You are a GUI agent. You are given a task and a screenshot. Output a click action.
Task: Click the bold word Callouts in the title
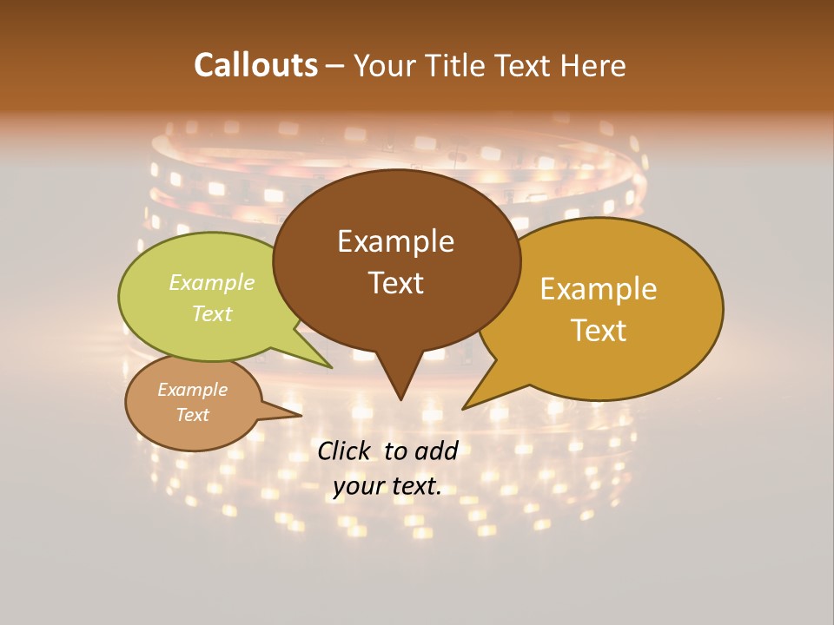click(255, 65)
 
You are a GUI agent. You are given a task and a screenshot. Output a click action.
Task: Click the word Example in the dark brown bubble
click(395, 241)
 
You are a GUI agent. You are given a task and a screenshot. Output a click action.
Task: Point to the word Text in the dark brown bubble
click(395, 283)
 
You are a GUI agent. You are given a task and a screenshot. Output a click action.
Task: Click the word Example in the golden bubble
click(598, 289)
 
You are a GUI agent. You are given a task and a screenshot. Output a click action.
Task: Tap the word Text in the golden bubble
click(598, 331)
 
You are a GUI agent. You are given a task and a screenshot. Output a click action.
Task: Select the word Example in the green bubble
click(212, 283)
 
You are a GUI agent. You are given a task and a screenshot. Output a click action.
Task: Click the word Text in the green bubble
click(212, 313)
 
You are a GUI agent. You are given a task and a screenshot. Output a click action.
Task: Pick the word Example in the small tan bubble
click(192, 390)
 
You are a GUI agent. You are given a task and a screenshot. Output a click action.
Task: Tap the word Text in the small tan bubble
click(192, 415)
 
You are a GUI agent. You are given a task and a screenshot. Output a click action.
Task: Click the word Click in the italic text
click(345, 451)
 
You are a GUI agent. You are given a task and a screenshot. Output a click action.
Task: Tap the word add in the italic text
click(436, 451)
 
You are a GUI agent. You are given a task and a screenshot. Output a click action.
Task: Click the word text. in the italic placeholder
click(416, 486)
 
